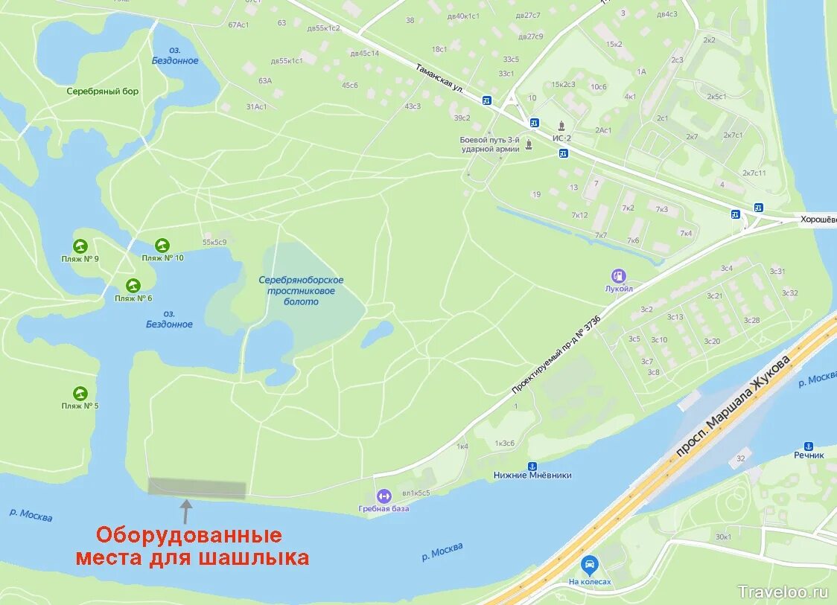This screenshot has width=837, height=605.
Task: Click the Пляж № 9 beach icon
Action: point(80,246)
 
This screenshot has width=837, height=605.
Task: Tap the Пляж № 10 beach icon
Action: point(162,245)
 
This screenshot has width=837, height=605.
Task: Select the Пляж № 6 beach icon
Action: point(133,285)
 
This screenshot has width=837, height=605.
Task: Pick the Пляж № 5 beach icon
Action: point(80,393)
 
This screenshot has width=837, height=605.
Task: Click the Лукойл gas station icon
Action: point(618,275)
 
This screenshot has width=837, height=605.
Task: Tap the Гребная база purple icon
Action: point(384,495)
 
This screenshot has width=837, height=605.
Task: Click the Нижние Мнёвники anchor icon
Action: point(532,464)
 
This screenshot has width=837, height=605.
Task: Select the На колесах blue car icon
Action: point(590,566)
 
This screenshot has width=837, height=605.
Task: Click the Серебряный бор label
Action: point(102,92)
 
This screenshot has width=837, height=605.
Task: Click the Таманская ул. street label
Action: point(440,77)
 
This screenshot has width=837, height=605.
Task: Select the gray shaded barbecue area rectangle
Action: point(197,488)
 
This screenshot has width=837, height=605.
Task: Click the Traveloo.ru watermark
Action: point(783,592)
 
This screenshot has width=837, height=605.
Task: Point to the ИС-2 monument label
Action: point(561,137)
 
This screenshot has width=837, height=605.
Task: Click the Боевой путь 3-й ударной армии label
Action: point(489,144)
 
